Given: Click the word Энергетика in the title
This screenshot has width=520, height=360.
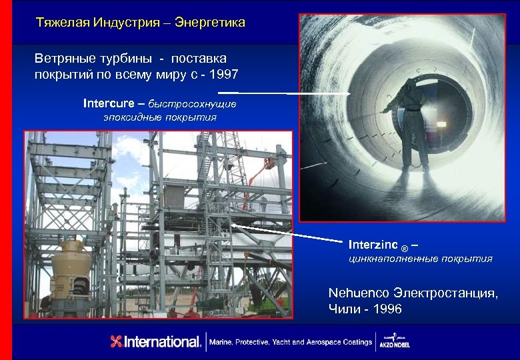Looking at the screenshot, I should point(211,23).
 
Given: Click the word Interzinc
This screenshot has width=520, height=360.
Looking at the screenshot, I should point(373,244).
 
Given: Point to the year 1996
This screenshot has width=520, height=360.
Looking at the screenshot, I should point(387,309).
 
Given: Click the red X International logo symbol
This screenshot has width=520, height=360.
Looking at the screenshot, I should point(117,342).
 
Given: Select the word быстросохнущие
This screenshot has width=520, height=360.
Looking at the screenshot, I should point(192,105).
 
